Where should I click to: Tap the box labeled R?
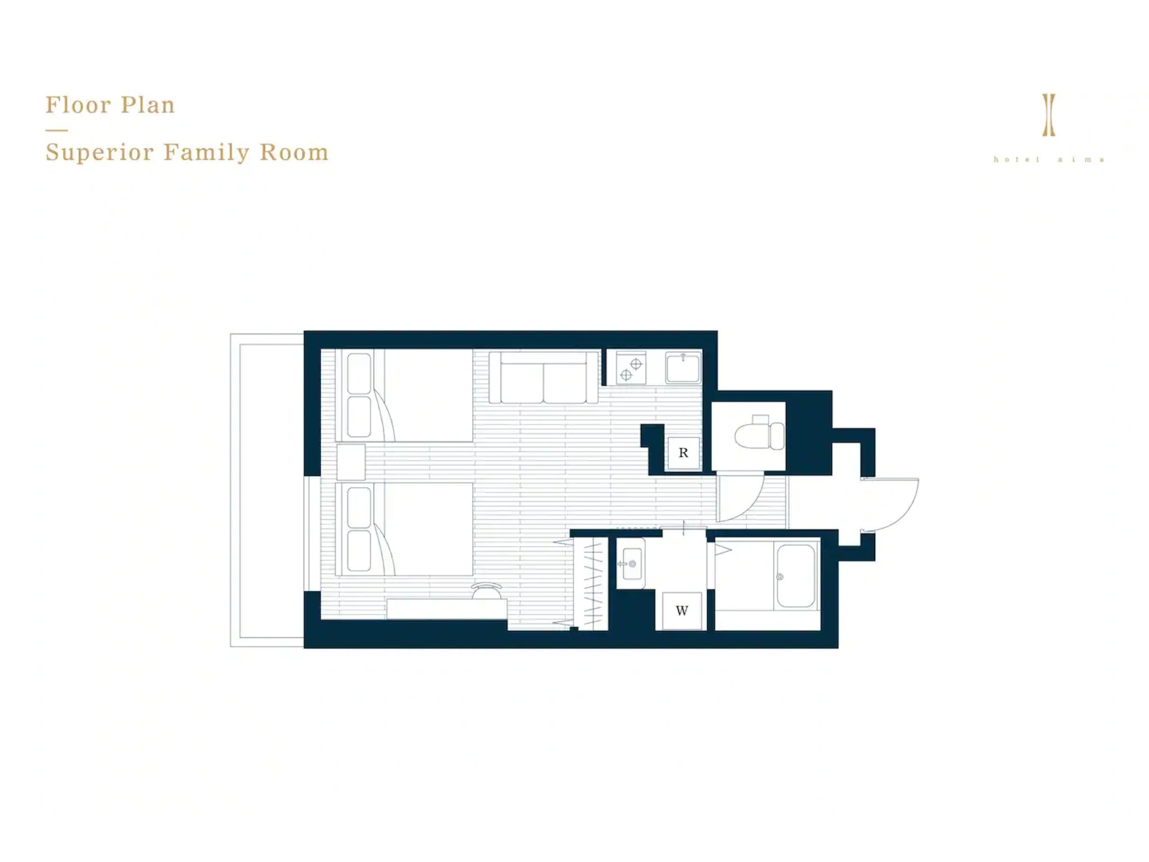coord(683,453)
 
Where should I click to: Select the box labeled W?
coord(682,611)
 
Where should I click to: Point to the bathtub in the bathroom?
coord(796,576)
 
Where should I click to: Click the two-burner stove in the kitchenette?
coord(631,368)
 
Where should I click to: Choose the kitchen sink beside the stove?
coord(683,368)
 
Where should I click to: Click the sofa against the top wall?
coord(543,377)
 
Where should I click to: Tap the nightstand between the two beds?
coord(351,462)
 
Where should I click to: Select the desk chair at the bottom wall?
coord(486,590)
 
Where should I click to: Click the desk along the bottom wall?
coord(447,609)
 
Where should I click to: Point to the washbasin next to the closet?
coord(631,563)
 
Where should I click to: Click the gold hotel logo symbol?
coord(1049,115)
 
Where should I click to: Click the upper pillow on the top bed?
coord(359,373)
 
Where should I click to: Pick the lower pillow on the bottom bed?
coord(359,551)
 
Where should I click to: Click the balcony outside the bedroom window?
coord(267,490)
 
